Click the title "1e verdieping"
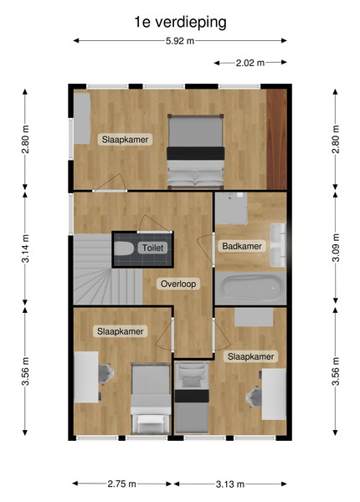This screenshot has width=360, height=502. click(x=180, y=23)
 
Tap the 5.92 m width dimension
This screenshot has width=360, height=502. click(x=180, y=41)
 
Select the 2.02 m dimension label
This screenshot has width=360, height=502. click(x=250, y=63)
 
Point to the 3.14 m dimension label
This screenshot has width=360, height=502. click(x=25, y=248)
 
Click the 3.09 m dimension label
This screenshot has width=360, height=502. click(x=336, y=248)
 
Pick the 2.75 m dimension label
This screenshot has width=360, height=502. click(x=121, y=484)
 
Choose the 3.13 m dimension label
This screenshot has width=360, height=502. click(x=230, y=484)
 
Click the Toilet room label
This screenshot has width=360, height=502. click(x=152, y=248)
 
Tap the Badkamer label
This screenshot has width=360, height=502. click(x=242, y=246)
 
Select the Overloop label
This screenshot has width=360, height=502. click(x=178, y=284)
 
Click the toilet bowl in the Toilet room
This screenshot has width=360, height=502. click(x=124, y=248)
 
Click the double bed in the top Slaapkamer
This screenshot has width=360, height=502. click(x=195, y=151)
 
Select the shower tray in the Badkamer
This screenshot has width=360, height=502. click(x=231, y=208)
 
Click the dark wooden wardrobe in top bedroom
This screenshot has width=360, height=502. click(x=277, y=139)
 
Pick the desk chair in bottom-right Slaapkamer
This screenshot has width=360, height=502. click(x=255, y=397)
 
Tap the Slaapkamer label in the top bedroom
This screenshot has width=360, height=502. click(x=125, y=140)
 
